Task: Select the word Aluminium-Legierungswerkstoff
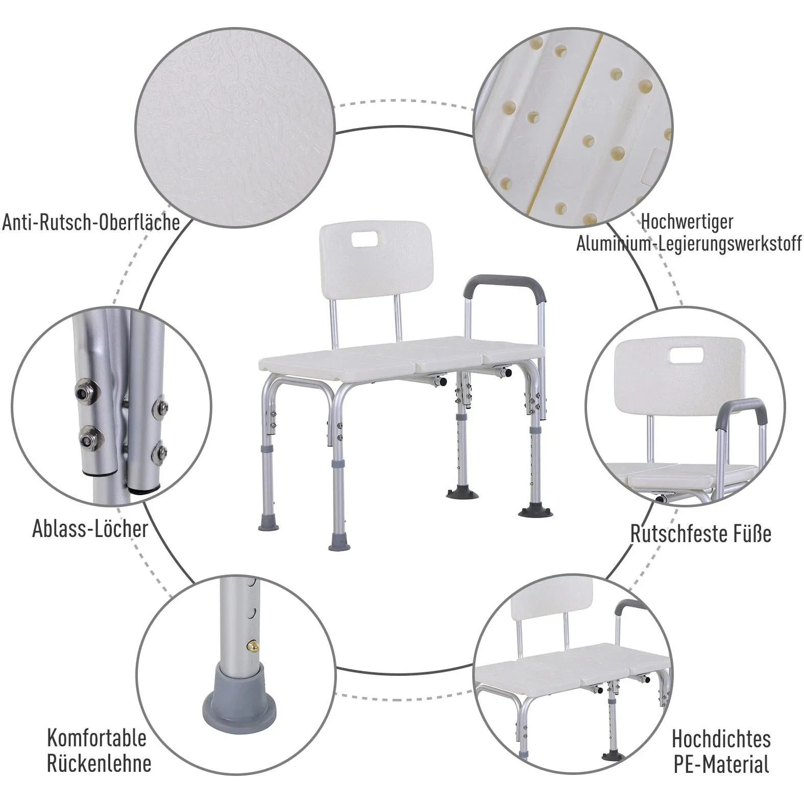(689, 243)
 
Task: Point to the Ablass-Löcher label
(90, 528)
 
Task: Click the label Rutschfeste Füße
(701, 533)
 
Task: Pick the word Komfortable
(97, 738)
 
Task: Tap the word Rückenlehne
(99, 764)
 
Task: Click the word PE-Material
(721, 764)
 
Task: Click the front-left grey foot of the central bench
(268, 520)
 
